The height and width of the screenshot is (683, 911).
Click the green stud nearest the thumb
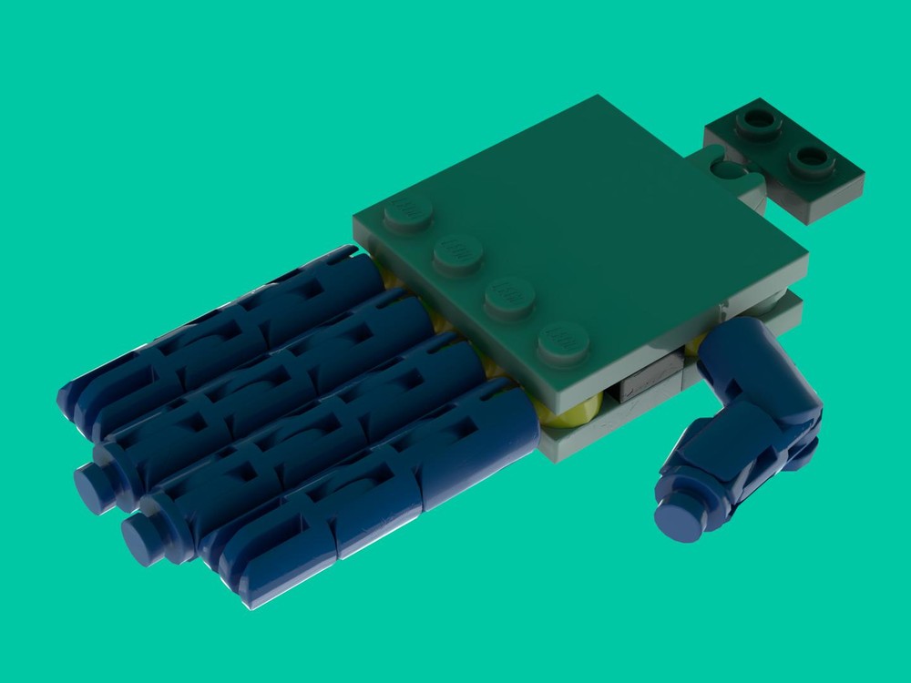(563, 341)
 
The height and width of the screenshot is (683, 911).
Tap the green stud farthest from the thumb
(408, 215)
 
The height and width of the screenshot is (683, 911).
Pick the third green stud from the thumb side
(457, 252)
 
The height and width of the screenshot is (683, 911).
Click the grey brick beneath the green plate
(649, 381)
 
